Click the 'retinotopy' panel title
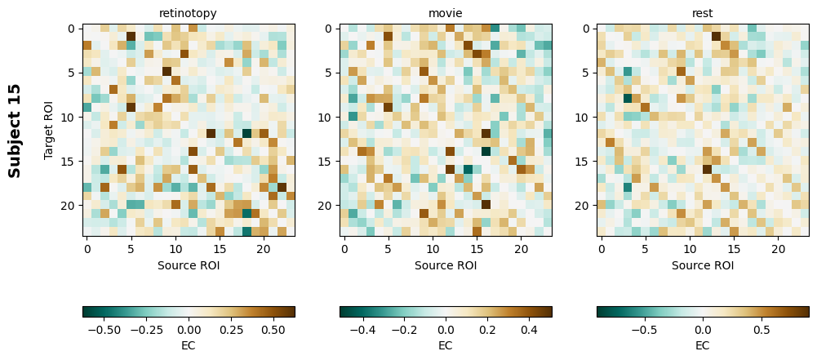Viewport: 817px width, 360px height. pos(189,13)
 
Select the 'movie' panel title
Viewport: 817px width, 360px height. pos(446,13)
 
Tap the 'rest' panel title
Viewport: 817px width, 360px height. pos(702,13)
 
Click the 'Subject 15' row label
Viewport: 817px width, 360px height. pos(15,131)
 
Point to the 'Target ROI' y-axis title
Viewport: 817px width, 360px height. pos(49,131)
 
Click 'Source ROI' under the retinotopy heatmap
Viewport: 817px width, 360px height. pos(189,265)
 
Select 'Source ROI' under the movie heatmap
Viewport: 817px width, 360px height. pos(446,265)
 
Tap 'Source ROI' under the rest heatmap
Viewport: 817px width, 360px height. pos(702,265)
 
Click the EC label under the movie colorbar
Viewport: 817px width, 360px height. pos(446,345)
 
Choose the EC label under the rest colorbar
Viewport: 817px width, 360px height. pos(702,345)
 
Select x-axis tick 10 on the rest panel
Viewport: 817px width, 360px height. pos(690,248)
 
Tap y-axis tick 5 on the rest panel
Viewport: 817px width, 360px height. pos(588,73)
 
